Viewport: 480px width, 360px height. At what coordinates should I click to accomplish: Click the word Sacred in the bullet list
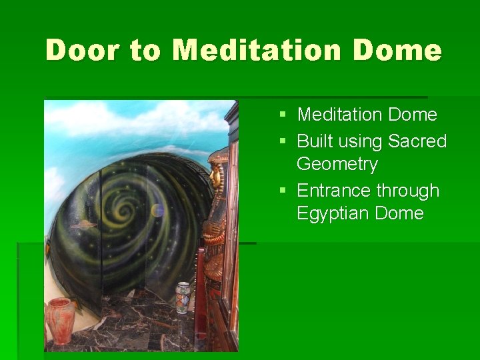coord(417,141)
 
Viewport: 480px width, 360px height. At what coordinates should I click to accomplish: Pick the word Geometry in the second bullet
coord(337,164)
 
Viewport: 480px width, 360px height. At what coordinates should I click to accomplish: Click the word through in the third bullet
coord(407,191)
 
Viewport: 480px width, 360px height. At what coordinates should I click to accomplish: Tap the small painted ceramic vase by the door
coord(182,297)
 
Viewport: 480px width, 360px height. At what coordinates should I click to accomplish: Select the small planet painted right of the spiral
coord(158,211)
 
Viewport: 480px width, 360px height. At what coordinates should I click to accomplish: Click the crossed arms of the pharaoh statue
coord(213,230)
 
